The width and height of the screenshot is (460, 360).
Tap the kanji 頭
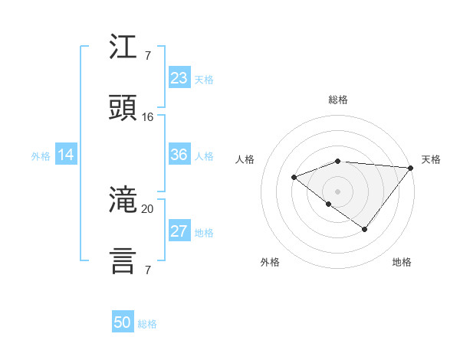coord(123,108)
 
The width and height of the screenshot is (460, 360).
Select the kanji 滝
coord(123,201)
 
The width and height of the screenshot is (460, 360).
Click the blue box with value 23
coord(179,77)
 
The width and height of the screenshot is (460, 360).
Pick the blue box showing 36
coord(179,155)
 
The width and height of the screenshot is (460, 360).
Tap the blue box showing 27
coord(179,231)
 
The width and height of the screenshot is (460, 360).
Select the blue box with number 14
coord(66,155)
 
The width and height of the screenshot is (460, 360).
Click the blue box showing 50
coord(123,322)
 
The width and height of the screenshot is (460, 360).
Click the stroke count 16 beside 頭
coord(148,117)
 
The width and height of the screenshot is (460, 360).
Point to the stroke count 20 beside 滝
coord(148,208)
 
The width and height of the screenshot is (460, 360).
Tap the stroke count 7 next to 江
coord(147,55)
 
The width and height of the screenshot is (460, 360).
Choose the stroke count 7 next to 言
coord(147,270)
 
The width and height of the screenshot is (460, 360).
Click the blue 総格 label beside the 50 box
coord(147,324)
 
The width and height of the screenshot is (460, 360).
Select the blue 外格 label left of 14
coord(41,156)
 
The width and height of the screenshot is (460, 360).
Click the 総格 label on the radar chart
coord(338,100)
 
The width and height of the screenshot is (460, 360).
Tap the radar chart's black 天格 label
coord(431,159)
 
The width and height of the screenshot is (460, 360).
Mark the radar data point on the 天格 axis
coord(410,168)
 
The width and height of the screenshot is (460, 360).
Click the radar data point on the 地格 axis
coord(365,229)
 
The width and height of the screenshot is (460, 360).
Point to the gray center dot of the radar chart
coord(337,191)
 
